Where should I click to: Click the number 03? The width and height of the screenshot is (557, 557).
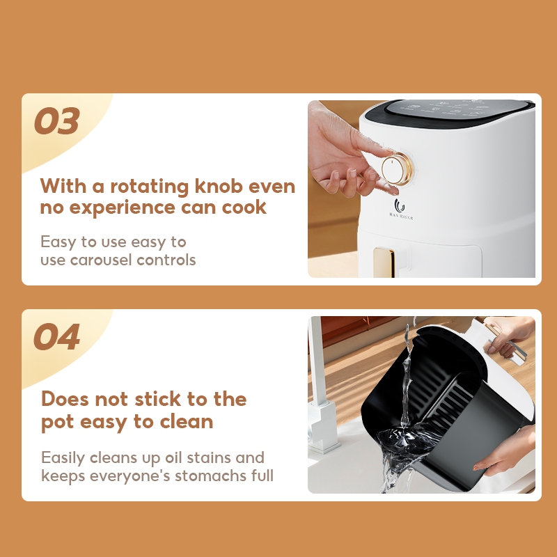tap(57, 120)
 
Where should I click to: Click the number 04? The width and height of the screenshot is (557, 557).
tap(57, 336)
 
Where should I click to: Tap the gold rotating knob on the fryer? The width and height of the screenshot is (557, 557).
tap(397, 169)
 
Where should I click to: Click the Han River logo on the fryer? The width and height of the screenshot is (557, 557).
tap(401, 210)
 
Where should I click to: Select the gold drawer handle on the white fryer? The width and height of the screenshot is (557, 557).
tap(384, 262)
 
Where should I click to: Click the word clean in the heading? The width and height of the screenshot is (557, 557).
tap(187, 421)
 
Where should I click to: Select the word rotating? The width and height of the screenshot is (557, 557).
tap(149, 187)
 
